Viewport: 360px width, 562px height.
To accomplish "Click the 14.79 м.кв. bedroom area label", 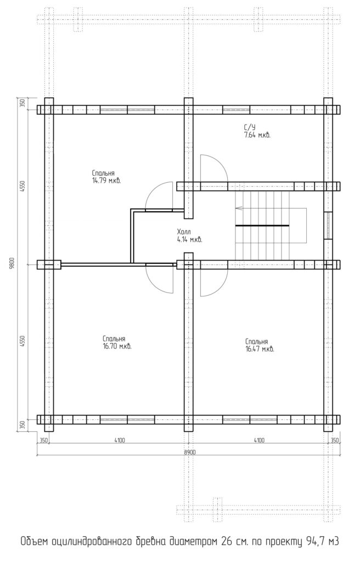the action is [106, 181].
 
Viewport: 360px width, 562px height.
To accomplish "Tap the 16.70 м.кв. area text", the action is [117, 347].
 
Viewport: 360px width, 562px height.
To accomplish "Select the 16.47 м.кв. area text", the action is [260, 349].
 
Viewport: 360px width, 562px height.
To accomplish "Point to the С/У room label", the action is [250, 127].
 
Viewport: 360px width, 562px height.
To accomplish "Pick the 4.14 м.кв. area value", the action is [190, 240].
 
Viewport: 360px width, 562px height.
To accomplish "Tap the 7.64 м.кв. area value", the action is [257, 135].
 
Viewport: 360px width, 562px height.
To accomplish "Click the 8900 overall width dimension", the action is [190, 452].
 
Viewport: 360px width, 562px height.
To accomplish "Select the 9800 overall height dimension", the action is [12, 264].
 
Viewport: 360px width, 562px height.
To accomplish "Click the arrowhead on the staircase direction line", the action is [238, 207].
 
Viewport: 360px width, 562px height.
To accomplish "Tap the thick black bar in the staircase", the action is [262, 226].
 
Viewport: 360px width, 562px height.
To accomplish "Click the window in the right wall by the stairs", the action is [328, 226].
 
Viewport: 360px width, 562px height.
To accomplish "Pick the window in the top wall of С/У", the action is [237, 109].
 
